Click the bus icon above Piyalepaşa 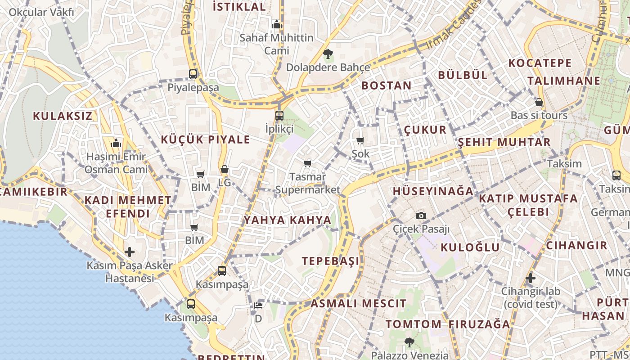tap(193, 74)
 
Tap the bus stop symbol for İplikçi tap(279, 116)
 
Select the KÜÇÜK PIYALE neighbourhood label tap(205, 139)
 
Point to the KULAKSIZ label tap(63, 116)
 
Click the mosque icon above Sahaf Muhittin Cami tap(277, 24)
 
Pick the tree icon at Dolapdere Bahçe tap(328, 54)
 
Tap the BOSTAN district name tap(387, 85)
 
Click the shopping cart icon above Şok tap(360, 141)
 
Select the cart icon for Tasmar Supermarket tap(308, 164)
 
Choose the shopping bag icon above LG tap(225, 170)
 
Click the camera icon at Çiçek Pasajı tap(421, 216)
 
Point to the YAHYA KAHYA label tap(288, 220)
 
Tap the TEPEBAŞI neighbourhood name tap(331, 261)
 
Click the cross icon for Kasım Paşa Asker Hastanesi tap(130, 252)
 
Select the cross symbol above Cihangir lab tap(531, 278)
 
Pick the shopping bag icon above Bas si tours tap(539, 103)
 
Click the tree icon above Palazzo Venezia tap(409, 342)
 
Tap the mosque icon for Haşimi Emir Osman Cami tap(117, 144)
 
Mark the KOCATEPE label tap(540, 63)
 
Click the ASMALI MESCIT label tap(358, 303)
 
